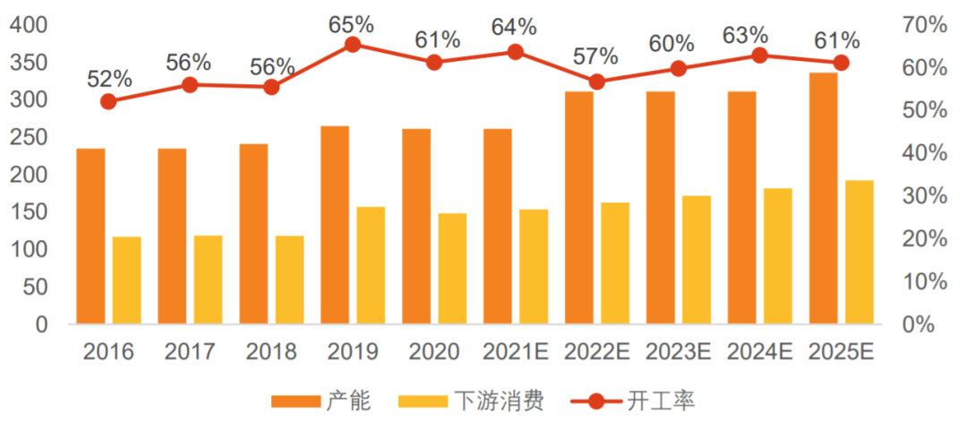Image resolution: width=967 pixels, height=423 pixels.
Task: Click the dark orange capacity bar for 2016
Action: pyautogui.click(x=90, y=236)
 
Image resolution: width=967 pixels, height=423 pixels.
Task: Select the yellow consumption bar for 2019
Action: pyautogui.click(x=371, y=265)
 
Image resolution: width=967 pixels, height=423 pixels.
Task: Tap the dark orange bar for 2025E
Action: pyautogui.click(x=823, y=198)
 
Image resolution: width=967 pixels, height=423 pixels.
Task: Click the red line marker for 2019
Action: pyautogui.click(x=353, y=45)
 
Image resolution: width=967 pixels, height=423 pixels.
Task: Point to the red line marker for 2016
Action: pyautogui.click(x=108, y=101)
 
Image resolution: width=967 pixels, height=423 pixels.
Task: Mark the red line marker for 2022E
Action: pyautogui.click(x=597, y=82)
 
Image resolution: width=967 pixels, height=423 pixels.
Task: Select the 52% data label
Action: pyautogui.click(x=109, y=78)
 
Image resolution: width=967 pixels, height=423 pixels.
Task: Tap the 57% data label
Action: pyautogui.click(x=596, y=56)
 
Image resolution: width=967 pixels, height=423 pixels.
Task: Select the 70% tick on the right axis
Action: pyautogui.click(x=925, y=25)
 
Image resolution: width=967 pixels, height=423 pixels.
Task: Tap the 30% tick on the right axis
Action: pyautogui.click(x=925, y=196)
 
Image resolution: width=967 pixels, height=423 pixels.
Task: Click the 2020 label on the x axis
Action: pyautogui.click(x=434, y=352)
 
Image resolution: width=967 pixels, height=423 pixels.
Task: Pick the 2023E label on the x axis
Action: pyautogui.click(x=678, y=352)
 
